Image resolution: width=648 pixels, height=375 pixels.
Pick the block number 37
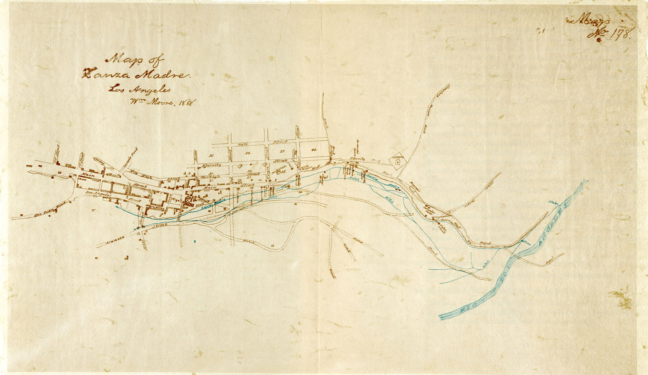click(x=282, y=151)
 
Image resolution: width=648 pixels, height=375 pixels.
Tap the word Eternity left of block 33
click(x=210, y=165)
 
